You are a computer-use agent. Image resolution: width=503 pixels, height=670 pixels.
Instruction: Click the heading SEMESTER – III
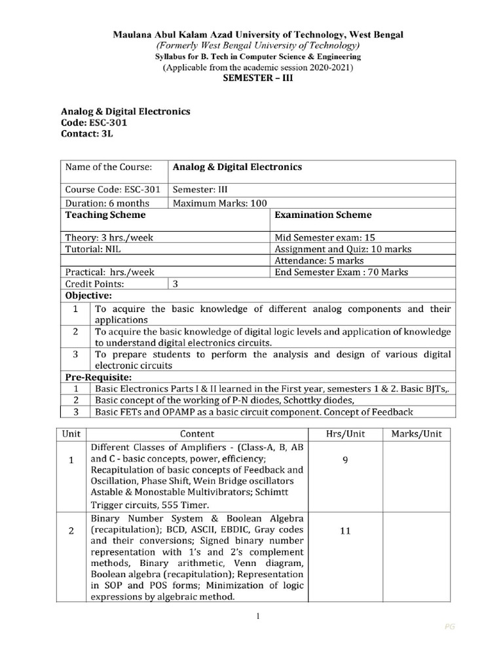pyautogui.click(x=251, y=78)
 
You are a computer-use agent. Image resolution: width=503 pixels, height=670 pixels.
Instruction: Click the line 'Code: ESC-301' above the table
pyautogui.click(x=94, y=122)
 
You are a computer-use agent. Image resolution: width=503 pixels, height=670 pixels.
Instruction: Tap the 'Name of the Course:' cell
pyautogui.click(x=109, y=167)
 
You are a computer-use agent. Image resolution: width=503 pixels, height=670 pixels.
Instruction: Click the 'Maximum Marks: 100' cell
pyautogui.click(x=219, y=203)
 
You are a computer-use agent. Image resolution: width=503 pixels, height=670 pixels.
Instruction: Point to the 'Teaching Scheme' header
pyautogui.click(x=105, y=215)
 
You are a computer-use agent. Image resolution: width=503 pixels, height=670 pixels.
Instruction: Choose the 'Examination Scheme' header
pyautogui.click(x=323, y=215)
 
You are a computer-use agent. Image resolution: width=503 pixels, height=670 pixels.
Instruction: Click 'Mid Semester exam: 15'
pyautogui.click(x=325, y=238)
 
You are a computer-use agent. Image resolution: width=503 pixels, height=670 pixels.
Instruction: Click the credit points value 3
pyautogui.click(x=176, y=284)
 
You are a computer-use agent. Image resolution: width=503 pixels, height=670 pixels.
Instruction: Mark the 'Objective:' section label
pyautogui.click(x=88, y=296)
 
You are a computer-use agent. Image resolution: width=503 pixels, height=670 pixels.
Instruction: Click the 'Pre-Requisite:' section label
pyautogui.click(x=98, y=378)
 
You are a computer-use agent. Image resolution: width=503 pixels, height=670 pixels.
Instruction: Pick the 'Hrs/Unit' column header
pyautogui.click(x=345, y=433)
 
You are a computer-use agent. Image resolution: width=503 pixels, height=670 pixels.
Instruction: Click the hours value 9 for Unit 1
pyautogui.click(x=345, y=460)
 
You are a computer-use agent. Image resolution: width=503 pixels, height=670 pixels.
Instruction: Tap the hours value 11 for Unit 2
pyautogui.click(x=345, y=531)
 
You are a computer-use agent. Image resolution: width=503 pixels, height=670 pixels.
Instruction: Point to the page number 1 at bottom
pyautogui.click(x=259, y=616)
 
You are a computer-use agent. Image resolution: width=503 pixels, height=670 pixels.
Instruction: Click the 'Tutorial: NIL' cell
pyautogui.click(x=90, y=249)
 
